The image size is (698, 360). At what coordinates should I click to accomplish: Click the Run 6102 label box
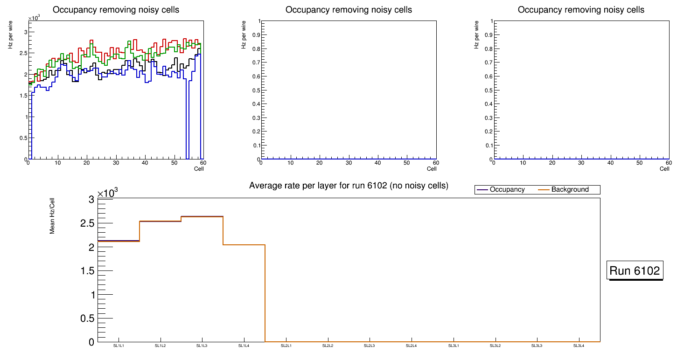[635, 270]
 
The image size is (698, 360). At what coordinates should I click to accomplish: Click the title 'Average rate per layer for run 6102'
[349, 186]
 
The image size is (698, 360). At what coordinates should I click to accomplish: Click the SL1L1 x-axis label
[119, 346]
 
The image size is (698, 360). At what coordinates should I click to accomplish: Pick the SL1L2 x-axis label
[160, 346]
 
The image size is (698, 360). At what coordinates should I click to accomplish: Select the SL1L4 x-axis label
[244, 346]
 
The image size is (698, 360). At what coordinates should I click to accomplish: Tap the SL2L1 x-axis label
[286, 346]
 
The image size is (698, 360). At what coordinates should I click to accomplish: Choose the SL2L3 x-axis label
[370, 346]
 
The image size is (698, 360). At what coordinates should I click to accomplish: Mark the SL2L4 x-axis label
[412, 346]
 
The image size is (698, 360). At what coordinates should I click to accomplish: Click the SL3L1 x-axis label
[454, 346]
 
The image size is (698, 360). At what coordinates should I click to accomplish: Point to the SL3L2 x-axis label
[495, 346]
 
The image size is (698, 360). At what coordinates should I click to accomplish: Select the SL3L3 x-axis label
[537, 346]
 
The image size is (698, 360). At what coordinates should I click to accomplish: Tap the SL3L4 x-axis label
[579, 346]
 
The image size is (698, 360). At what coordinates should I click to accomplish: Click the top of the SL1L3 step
[202, 216]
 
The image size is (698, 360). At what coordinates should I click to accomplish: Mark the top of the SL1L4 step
[244, 245]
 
